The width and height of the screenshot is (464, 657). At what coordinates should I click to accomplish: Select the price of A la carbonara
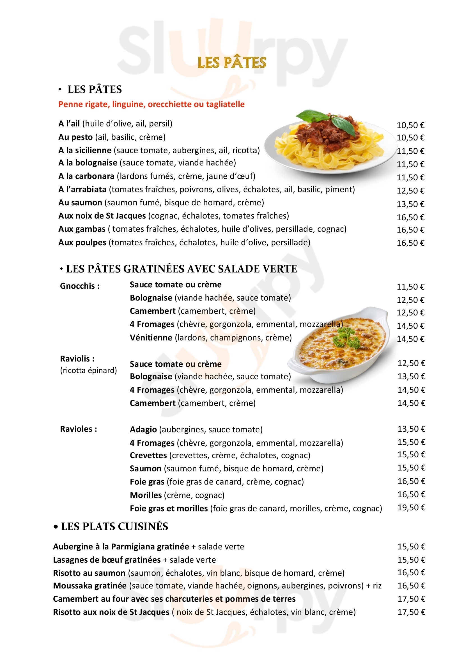(410, 178)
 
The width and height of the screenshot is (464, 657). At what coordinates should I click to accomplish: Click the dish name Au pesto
(75, 137)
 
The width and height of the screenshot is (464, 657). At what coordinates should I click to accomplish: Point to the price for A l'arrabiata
(410, 191)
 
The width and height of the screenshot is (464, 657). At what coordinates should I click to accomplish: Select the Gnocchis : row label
(80, 286)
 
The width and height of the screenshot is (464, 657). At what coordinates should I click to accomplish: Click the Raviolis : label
(77, 359)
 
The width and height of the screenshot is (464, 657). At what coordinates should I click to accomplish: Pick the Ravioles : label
(79, 429)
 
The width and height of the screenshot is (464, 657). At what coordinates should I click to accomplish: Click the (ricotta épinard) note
(88, 370)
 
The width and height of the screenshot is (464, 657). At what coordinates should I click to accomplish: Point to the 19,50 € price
(411, 508)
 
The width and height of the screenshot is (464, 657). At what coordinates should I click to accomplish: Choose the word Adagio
(143, 430)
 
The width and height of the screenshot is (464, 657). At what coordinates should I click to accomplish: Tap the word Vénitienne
(151, 338)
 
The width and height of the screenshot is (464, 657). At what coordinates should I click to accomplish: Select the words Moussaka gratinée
(90, 586)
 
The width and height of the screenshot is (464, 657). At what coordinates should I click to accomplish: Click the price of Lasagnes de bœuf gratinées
(411, 560)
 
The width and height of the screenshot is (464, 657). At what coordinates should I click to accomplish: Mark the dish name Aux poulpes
(82, 243)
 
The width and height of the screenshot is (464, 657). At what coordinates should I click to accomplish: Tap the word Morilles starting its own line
(146, 495)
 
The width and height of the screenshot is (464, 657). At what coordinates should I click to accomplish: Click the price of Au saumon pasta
(410, 204)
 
